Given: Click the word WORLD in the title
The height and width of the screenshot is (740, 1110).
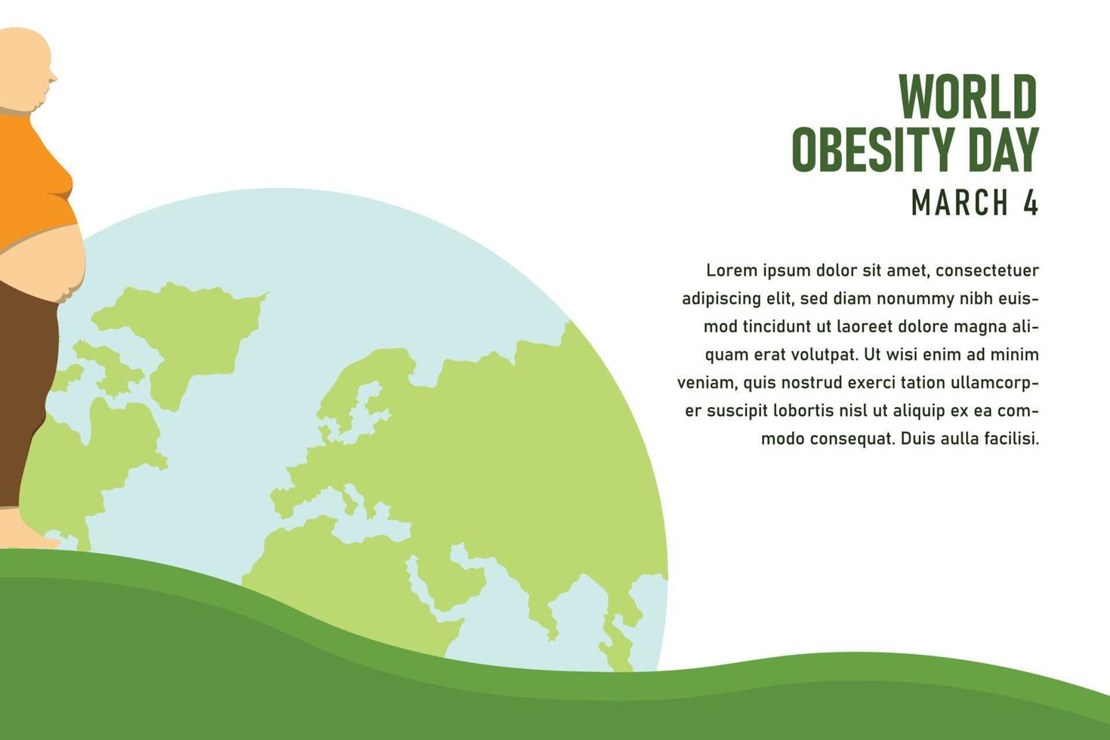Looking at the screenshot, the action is tap(968, 97).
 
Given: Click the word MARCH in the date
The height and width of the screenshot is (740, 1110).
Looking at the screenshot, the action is tap(960, 202).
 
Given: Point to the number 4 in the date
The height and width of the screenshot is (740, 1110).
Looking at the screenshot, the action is tap(1031, 202).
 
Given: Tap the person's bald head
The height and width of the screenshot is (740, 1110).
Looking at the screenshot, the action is tap(25, 67).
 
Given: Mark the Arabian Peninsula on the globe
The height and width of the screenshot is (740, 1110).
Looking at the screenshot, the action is tap(449, 580).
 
